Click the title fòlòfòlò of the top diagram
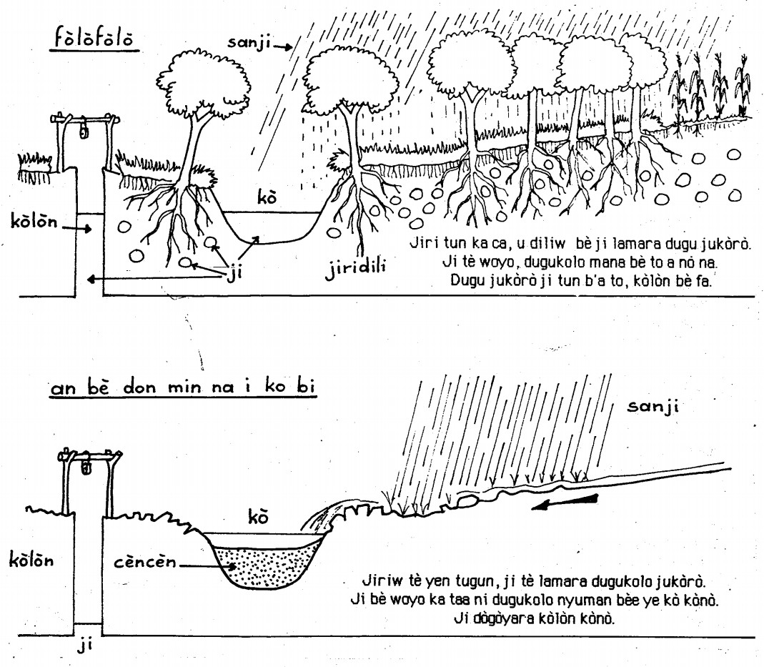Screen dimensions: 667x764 click(x=93, y=39)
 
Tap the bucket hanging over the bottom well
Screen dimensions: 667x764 click(x=87, y=467)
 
